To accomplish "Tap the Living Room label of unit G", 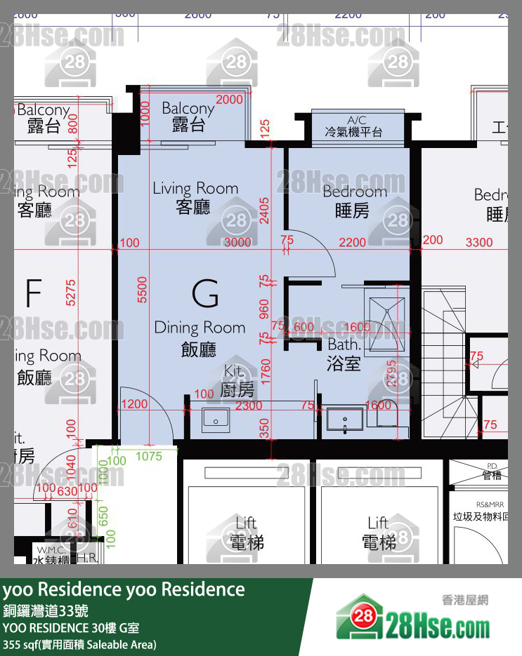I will (195, 197).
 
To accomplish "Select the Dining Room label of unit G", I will (200, 337).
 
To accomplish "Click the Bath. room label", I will (344, 354).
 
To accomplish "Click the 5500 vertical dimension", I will (143, 289).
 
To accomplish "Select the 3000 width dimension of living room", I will (237, 243).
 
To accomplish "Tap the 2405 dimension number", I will (264, 210).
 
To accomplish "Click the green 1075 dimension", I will (148, 457).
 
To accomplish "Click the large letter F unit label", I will (32, 293).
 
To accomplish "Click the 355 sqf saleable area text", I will (79, 644).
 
